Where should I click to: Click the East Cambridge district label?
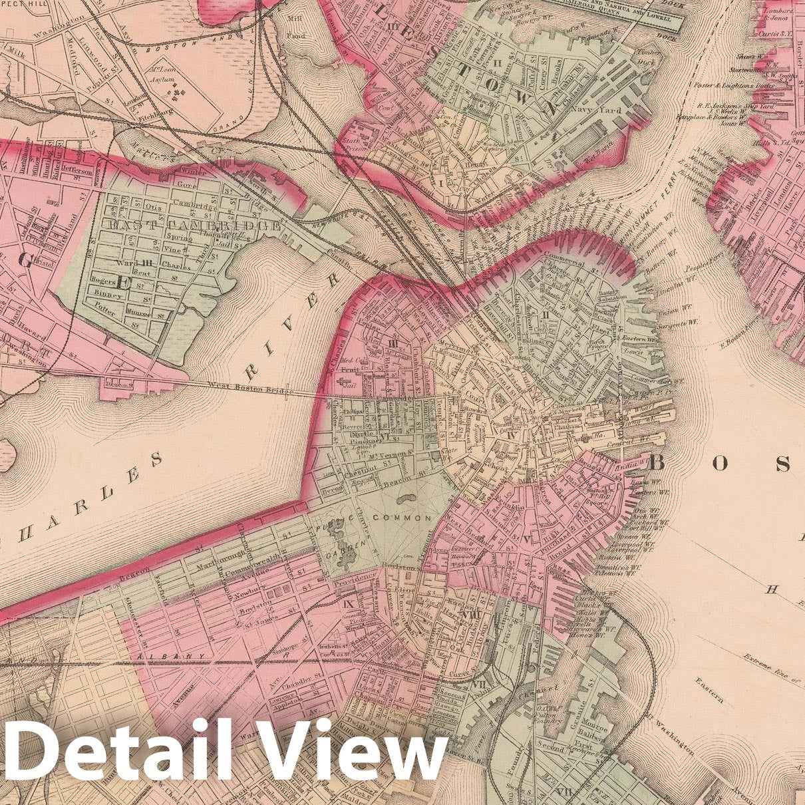point(194,226)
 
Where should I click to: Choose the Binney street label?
point(108,293)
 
